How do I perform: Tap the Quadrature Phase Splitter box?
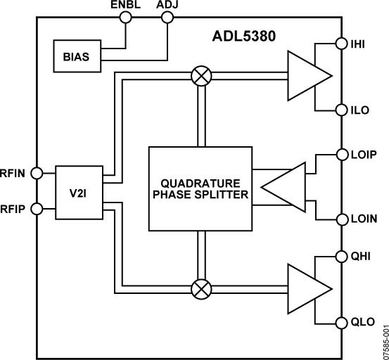click(200, 188)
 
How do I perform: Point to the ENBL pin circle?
click(127, 19)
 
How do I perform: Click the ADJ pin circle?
click(167, 19)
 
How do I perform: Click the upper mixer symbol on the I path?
click(200, 75)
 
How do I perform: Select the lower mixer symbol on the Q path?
click(200, 289)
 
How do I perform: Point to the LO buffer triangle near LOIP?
click(284, 187)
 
